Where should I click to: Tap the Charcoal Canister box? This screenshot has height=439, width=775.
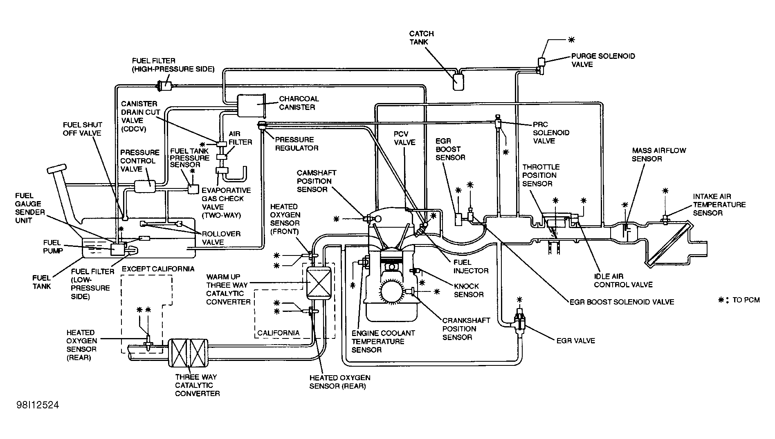tap(251, 105)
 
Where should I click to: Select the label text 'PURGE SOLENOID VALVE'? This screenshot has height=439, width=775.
tap(603, 60)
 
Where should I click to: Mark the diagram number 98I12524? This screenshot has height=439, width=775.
tap(38, 405)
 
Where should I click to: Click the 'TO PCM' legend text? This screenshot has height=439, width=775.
tap(746, 300)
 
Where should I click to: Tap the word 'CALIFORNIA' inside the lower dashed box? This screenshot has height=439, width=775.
tap(278, 333)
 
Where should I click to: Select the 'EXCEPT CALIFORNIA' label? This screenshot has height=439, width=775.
tap(158, 269)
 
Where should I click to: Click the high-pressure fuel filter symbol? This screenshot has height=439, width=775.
tap(166, 86)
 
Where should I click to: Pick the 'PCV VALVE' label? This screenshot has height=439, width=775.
tap(404, 138)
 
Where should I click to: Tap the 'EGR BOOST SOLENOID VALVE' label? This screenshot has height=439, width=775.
tap(622, 302)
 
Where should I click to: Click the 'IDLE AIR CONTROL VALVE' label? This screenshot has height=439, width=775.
tap(623, 280)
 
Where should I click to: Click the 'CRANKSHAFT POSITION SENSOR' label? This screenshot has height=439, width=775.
tap(459, 329)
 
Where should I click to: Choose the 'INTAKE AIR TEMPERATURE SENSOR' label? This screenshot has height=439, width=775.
tap(719, 204)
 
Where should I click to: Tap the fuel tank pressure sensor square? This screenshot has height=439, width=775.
tap(193, 189)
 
